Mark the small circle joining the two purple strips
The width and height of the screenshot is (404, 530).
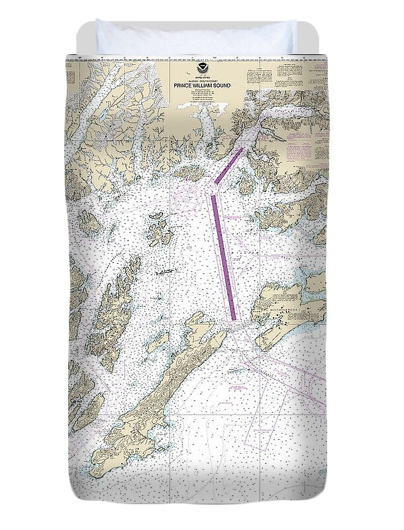click(x=213, y=193)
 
